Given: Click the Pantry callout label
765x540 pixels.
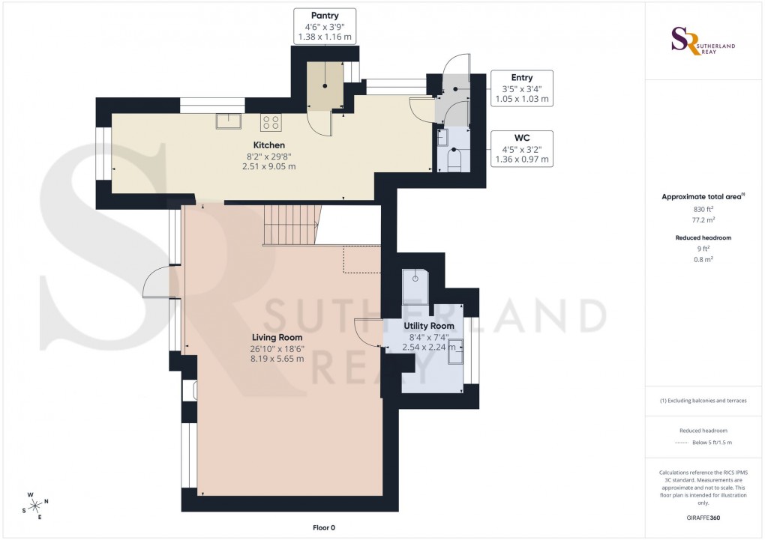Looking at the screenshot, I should pyautogui.click(x=325, y=26).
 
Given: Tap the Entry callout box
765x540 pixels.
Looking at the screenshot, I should pyautogui.click(x=521, y=88).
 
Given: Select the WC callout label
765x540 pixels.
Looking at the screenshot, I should pyautogui.click(x=521, y=148).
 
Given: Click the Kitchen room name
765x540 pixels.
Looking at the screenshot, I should pyautogui.click(x=268, y=145).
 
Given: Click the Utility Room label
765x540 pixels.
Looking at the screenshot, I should pyautogui.click(x=429, y=326).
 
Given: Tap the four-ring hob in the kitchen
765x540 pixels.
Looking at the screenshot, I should pyautogui.click(x=270, y=121).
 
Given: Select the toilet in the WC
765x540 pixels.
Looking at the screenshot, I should pyautogui.click(x=454, y=160).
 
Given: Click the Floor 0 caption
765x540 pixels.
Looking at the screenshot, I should pyautogui.click(x=324, y=528).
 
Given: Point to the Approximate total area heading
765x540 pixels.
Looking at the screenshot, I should pyautogui.click(x=702, y=197).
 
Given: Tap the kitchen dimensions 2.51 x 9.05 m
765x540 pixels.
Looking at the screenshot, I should pyautogui.click(x=268, y=166).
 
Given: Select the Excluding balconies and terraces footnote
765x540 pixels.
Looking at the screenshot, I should pyautogui.click(x=703, y=401).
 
